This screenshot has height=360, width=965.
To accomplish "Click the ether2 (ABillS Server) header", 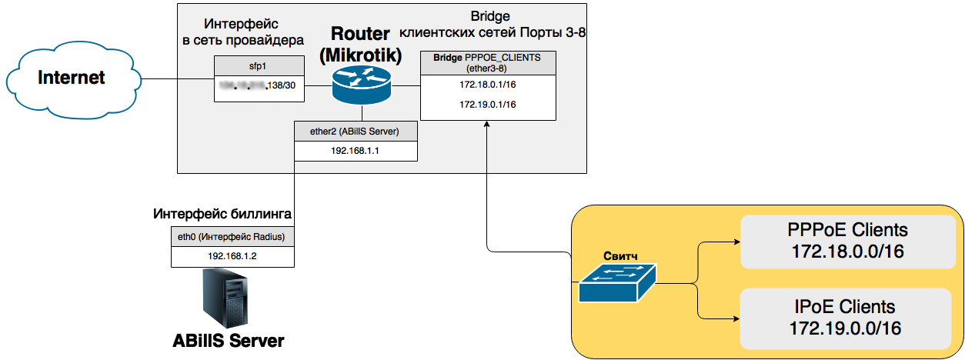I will (x=356, y=131).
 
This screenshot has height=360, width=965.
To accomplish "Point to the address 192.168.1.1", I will (x=356, y=151).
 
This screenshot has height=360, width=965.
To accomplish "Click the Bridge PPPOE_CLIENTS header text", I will (x=488, y=62).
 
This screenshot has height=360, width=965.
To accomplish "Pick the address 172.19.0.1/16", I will (x=488, y=104).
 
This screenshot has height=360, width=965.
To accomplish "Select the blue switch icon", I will (x=618, y=282).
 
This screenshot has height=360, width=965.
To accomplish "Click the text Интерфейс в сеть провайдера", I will (x=242, y=32).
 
